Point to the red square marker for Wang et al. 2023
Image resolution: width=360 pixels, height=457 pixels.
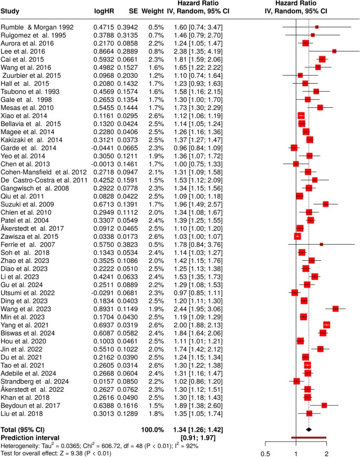tap(335, 309)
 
